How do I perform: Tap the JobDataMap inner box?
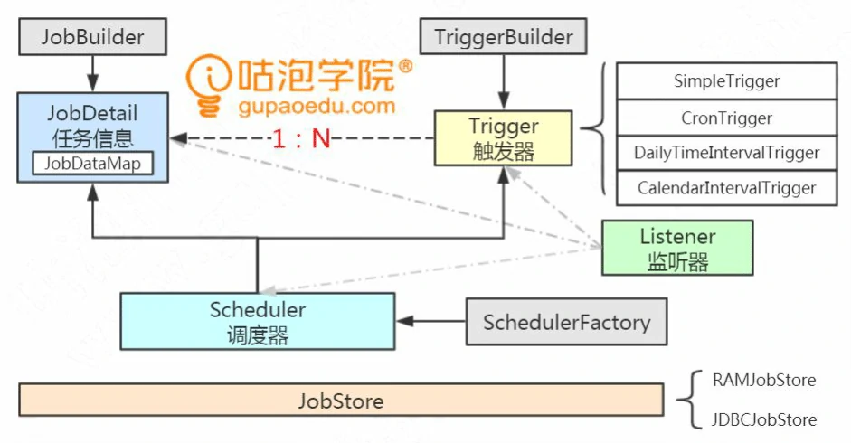tap(93, 164)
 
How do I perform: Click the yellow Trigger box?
tap(503, 138)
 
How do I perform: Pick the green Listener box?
tap(677, 248)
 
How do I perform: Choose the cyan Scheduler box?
tap(258, 321)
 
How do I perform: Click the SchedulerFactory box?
tap(566, 322)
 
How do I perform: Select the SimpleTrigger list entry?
tap(726, 81)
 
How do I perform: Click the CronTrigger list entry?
tap(726, 118)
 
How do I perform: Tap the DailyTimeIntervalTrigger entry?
tap(726, 153)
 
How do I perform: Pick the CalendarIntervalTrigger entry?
tap(726, 188)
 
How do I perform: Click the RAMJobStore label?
tap(763, 380)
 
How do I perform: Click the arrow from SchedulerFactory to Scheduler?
tap(430, 321)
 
